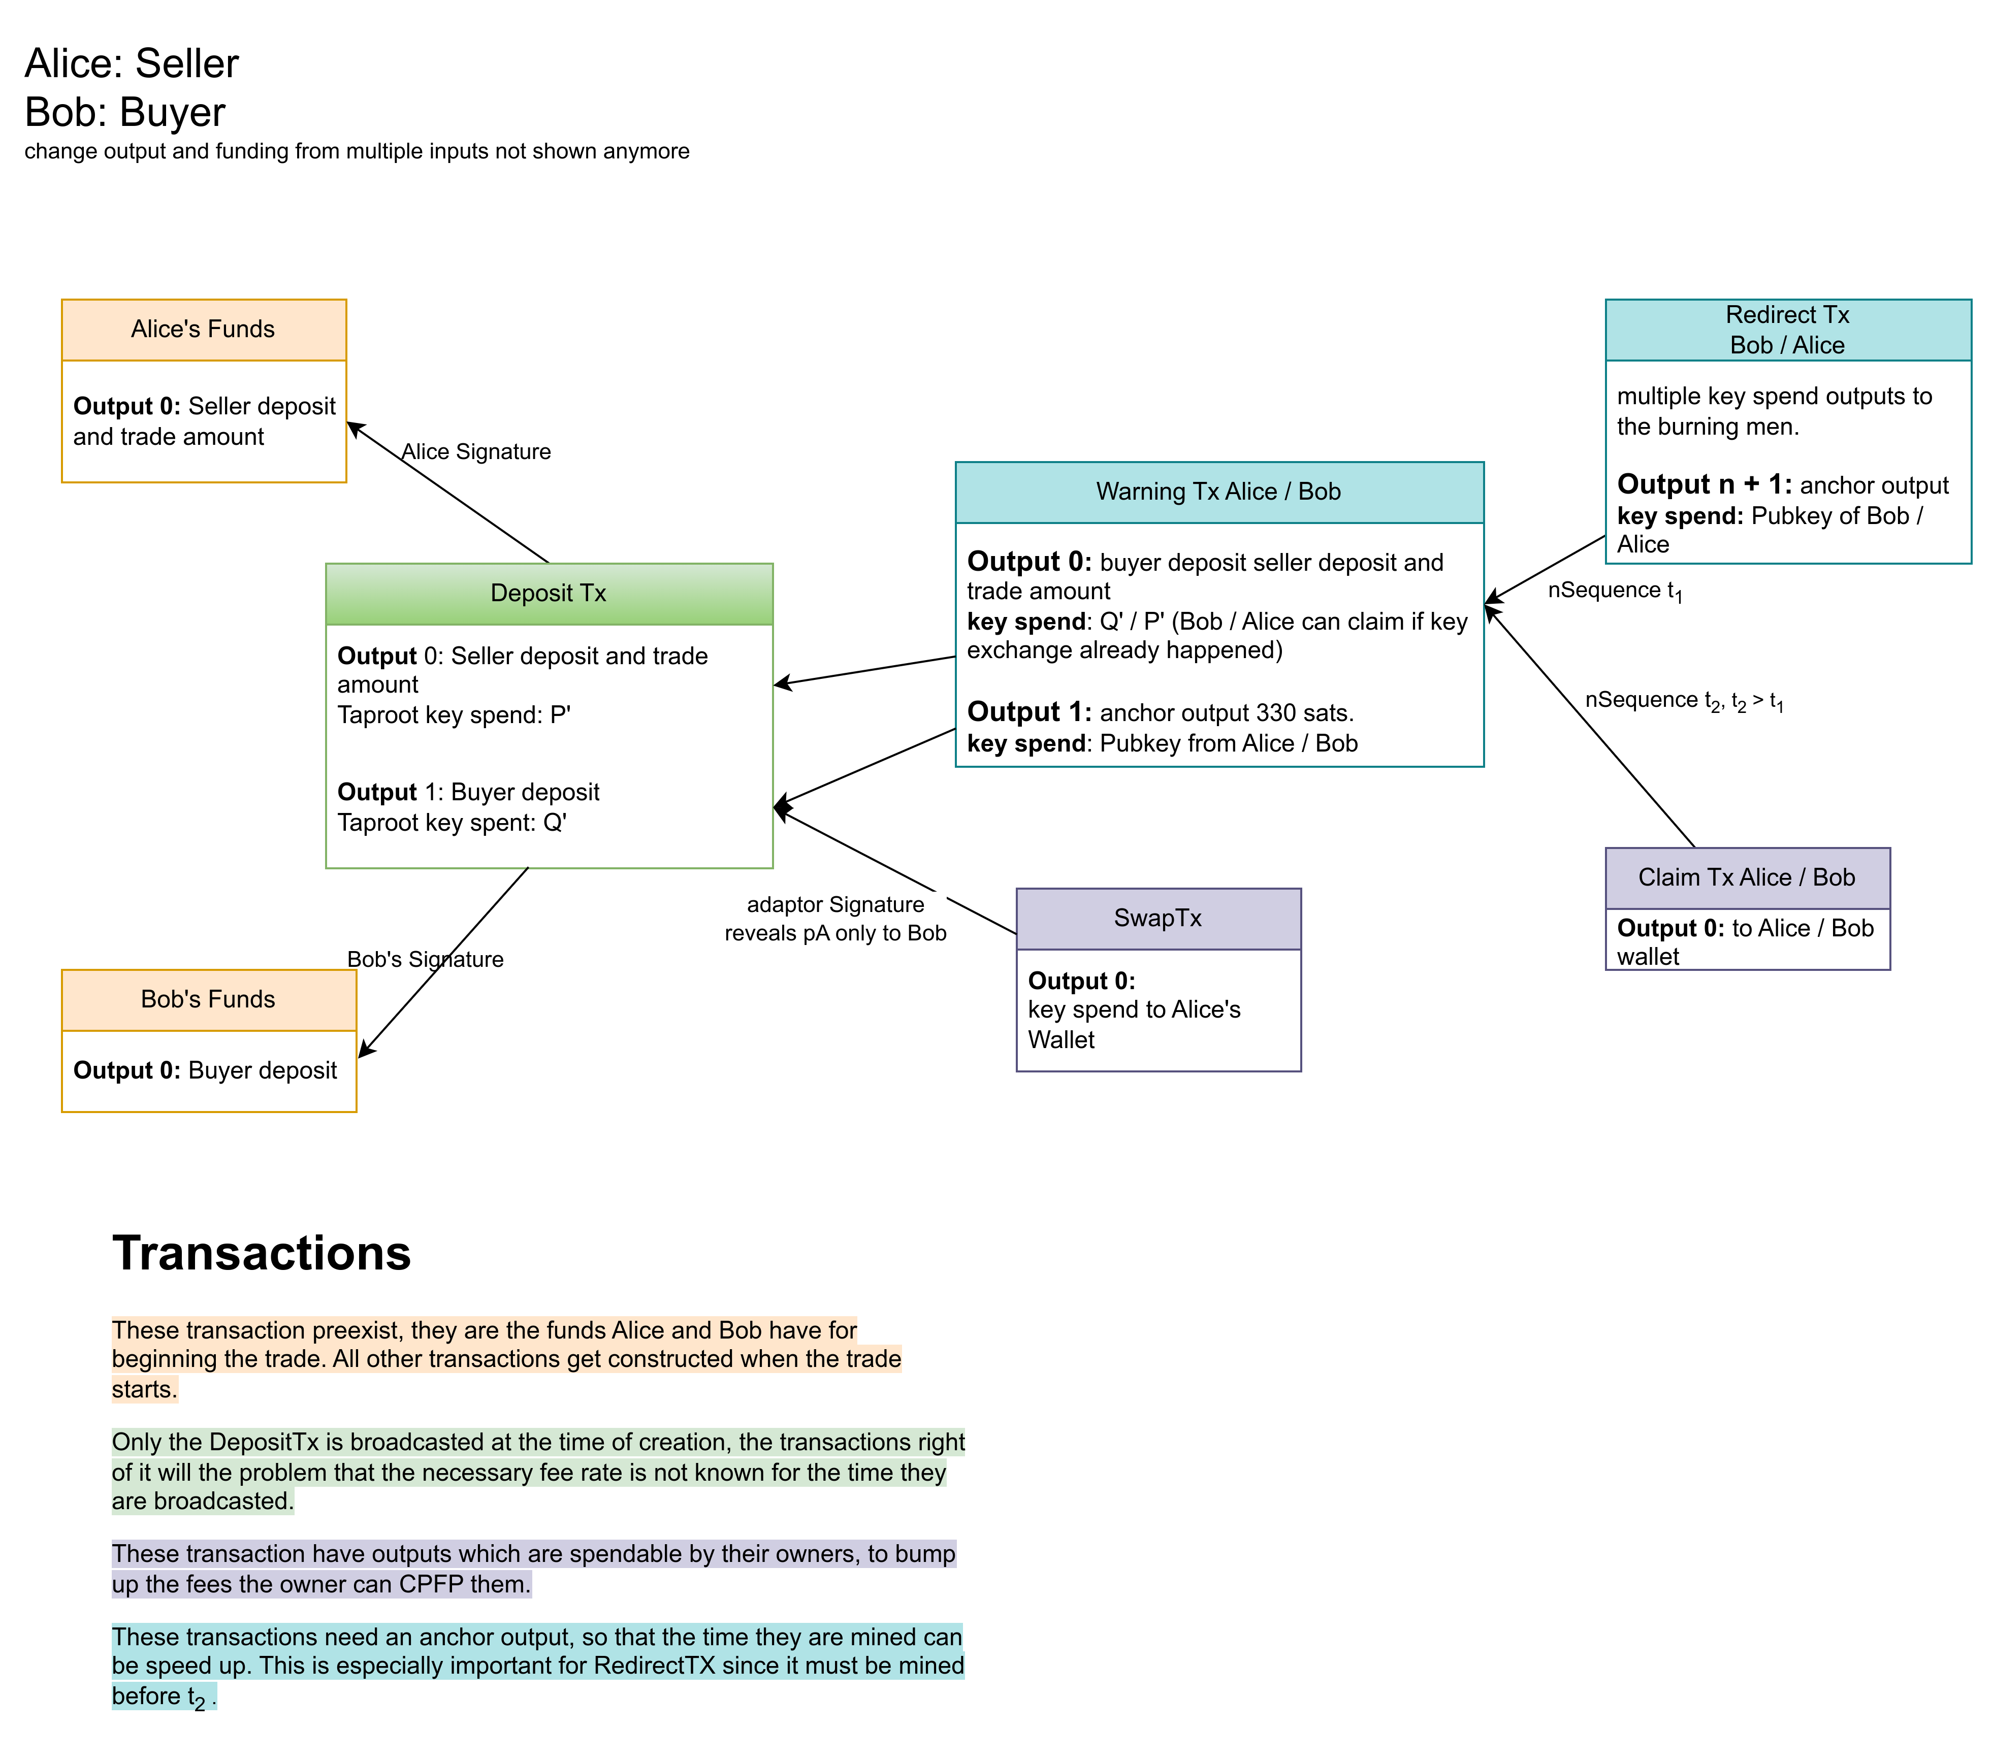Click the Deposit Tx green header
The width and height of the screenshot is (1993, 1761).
point(549,593)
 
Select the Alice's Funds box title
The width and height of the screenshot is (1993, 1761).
point(203,330)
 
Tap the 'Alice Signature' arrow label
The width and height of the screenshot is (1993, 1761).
point(476,451)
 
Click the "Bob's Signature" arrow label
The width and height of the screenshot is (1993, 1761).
point(425,960)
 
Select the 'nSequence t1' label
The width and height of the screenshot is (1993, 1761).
point(1614,591)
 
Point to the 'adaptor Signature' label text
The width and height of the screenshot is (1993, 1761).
point(835,905)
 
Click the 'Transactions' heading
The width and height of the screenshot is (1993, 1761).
point(261,1253)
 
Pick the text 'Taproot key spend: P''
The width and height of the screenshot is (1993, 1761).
point(454,715)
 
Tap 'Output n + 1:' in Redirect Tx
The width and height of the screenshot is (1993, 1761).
point(1703,484)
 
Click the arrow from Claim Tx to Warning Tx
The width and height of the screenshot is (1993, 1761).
point(1589,727)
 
